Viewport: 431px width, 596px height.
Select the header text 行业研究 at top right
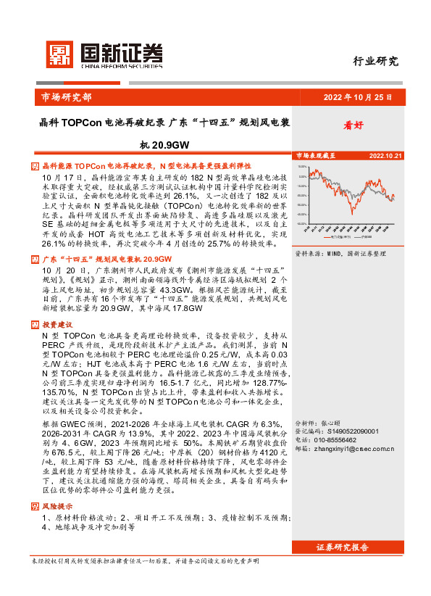pos(375,62)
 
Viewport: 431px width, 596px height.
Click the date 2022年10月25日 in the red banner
pos(357,96)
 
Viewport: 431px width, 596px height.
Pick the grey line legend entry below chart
pos(364,237)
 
